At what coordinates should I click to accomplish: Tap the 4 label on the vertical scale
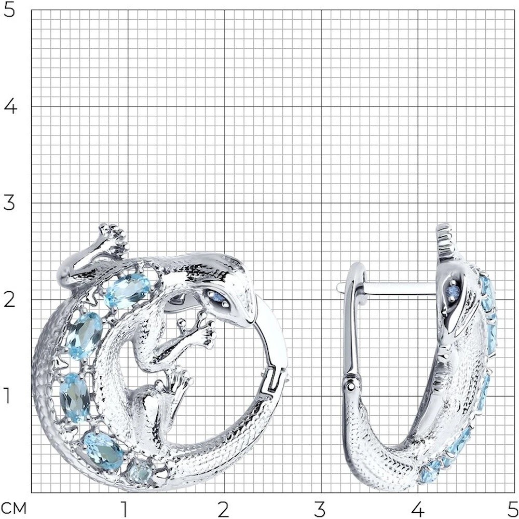pos(10,106)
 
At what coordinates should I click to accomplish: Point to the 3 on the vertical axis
pos(9,203)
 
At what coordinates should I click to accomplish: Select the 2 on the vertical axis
pos(9,299)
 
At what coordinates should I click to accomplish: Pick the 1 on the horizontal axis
pos(124,510)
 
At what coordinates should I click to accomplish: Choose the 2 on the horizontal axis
pos(223,510)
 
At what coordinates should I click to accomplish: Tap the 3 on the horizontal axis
pos(320,510)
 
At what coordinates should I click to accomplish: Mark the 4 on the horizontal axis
pos(418,510)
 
